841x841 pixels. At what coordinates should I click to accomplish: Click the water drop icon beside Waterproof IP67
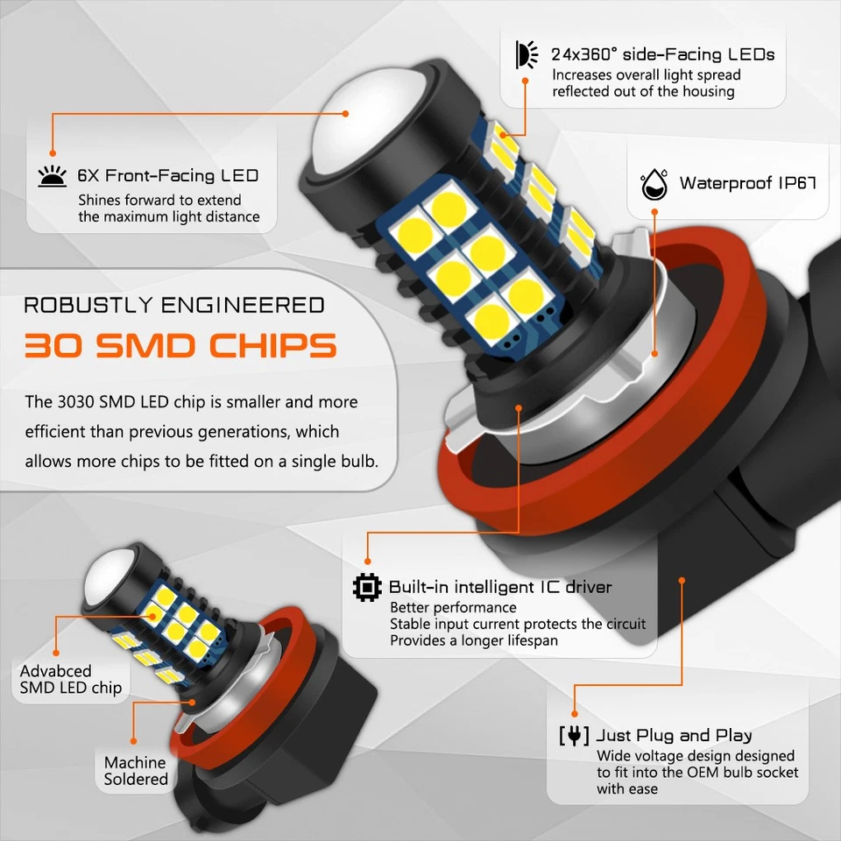[654, 184]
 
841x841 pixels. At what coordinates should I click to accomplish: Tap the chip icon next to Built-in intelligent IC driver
[367, 586]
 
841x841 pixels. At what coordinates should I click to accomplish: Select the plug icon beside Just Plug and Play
[574, 735]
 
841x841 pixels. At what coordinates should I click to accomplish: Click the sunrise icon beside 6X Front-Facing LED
[52, 176]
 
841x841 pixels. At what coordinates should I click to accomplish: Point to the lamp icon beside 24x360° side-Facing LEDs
[528, 54]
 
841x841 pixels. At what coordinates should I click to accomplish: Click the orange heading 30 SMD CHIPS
[180, 345]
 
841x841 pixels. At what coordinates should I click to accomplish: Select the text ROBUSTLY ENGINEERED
[173, 305]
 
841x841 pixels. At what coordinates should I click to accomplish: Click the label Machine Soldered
[136, 771]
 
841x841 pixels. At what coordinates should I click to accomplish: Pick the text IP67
[796, 184]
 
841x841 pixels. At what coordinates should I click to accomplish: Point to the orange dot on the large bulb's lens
[346, 113]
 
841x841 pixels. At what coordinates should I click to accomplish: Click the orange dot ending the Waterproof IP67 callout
[654, 352]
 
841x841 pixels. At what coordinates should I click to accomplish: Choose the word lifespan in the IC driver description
[527, 640]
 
